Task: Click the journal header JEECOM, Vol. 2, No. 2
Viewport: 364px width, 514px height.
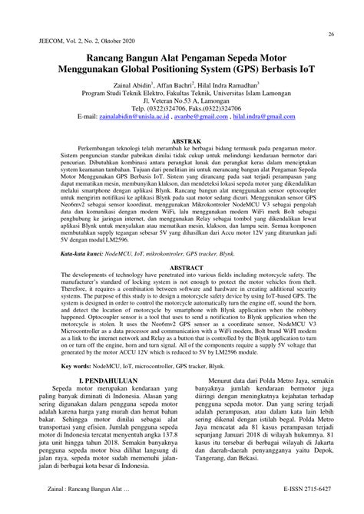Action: [71, 44]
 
